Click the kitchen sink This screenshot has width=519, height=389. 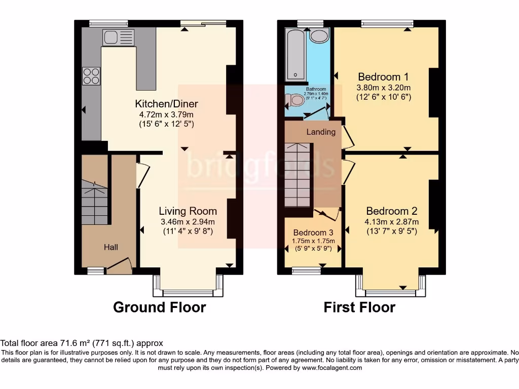(x=119, y=37)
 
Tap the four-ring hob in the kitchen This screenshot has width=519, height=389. (x=91, y=76)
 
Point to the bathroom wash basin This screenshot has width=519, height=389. (x=319, y=35)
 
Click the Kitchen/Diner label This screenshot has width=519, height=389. (x=166, y=104)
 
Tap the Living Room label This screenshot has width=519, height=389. (x=188, y=211)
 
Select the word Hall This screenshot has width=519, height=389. (x=111, y=247)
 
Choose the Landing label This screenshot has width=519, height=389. (x=321, y=132)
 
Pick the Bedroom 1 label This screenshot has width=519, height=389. (x=383, y=77)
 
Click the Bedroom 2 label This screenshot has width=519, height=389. (x=392, y=211)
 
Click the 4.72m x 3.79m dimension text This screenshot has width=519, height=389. (x=166, y=114)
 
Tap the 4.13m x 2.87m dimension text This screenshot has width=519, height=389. (x=392, y=222)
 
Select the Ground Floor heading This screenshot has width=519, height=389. (x=159, y=307)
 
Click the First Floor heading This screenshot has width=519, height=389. (x=359, y=307)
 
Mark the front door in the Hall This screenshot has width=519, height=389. (x=120, y=265)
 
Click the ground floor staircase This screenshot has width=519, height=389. (x=95, y=203)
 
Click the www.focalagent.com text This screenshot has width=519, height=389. (x=332, y=368)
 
